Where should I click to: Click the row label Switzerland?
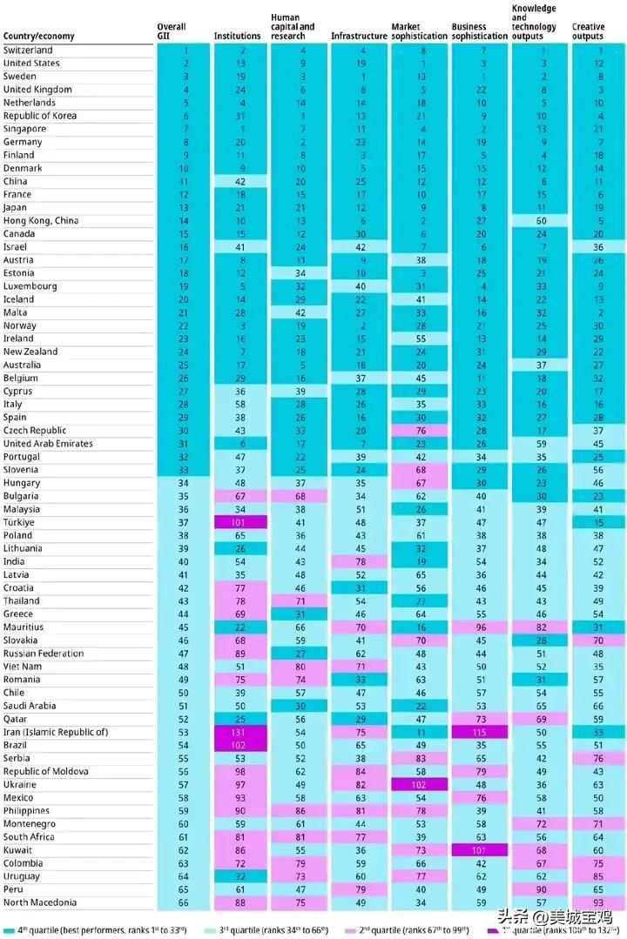point(28,50)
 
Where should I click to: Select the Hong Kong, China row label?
point(41,221)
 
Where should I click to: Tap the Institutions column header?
point(237,37)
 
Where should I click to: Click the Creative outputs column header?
point(588,32)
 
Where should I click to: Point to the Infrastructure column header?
point(359,37)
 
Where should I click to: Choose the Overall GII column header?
point(171,32)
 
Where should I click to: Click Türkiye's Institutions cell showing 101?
point(238,522)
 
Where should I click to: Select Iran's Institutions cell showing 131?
point(238,732)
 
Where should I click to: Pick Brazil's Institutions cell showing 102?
point(238,745)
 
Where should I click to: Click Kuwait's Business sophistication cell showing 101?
point(481,850)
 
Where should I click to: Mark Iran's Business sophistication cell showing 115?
point(481,732)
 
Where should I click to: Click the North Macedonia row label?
point(40,902)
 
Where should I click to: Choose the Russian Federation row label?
point(43,654)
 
